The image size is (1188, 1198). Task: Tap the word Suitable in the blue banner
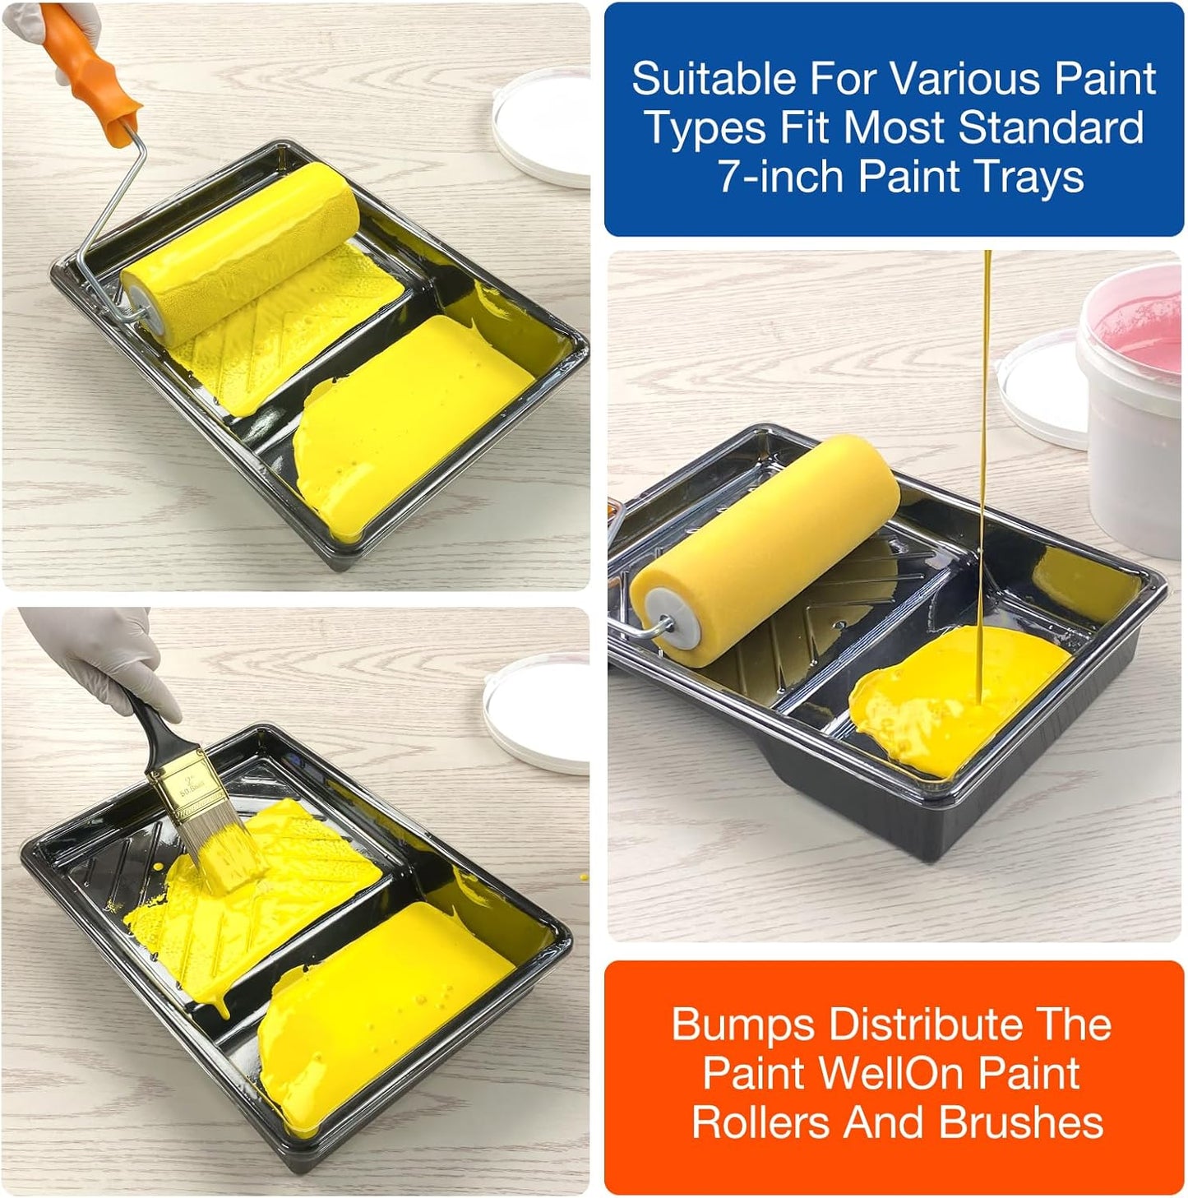[x=713, y=79]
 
